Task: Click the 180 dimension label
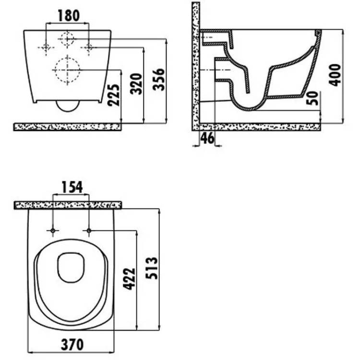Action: (x=69, y=16)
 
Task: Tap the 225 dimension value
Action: (x=114, y=96)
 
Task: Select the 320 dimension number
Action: (x=136, y=84)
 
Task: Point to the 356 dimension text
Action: (x=159, y=79)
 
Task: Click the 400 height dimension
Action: (x=335, y=75)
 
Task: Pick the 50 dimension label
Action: (x=312, y=98)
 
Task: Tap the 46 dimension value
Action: (x=207, y=138)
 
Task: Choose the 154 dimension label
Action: (x=72, y=187)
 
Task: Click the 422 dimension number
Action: (x=129, y=279)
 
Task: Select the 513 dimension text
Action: (x=152, y=268)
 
